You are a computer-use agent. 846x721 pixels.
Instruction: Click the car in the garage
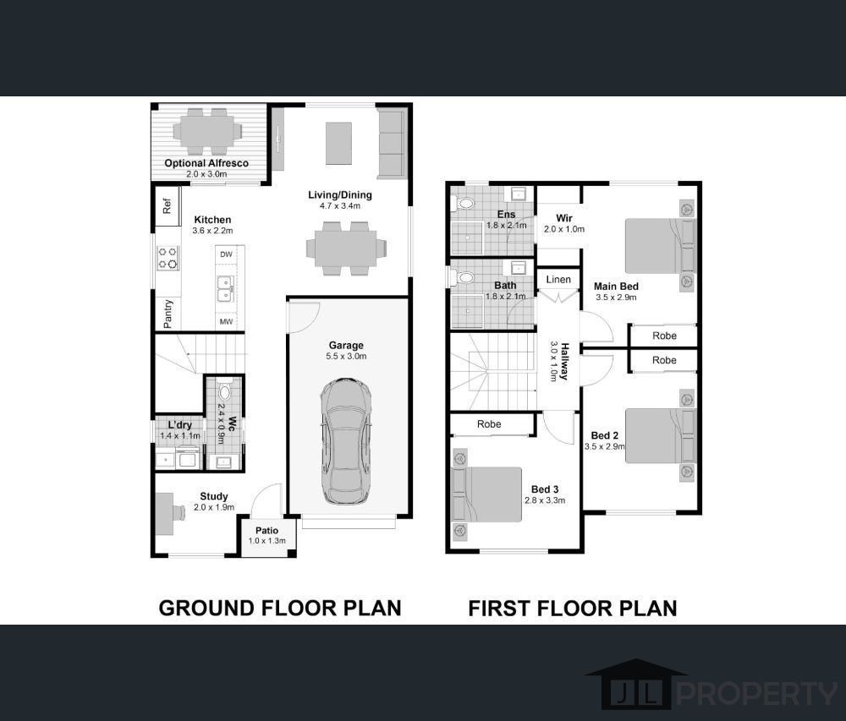coord(346,441)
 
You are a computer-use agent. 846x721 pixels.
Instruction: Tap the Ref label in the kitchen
coord(167,205)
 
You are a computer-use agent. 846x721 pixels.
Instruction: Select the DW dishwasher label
coord(226,254)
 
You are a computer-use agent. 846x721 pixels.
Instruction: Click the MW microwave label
coord(226,322)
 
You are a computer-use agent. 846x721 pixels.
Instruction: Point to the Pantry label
coord(168,314)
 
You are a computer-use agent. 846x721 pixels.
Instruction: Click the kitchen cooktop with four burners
coord(168,258)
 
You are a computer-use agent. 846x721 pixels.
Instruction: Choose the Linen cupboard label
coord(558,280)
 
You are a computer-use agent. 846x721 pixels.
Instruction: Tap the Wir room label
coord(563,218)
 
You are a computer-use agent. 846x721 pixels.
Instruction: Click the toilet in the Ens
coord(464,204)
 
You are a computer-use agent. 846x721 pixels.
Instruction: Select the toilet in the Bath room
coord(464,278)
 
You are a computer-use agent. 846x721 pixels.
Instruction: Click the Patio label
coord(267,530)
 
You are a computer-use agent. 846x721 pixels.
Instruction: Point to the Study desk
coord(166,514)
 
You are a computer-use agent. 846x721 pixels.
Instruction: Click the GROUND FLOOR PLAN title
coord(280,608)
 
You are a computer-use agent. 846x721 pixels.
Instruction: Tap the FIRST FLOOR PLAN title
coord(573,609)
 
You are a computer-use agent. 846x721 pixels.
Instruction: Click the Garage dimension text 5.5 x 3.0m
coord(346,356)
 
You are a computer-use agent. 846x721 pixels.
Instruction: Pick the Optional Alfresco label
coord(206,163)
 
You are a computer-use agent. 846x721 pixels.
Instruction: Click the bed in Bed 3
coord(486,494)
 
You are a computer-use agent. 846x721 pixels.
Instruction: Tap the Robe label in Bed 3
coord(489,424)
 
